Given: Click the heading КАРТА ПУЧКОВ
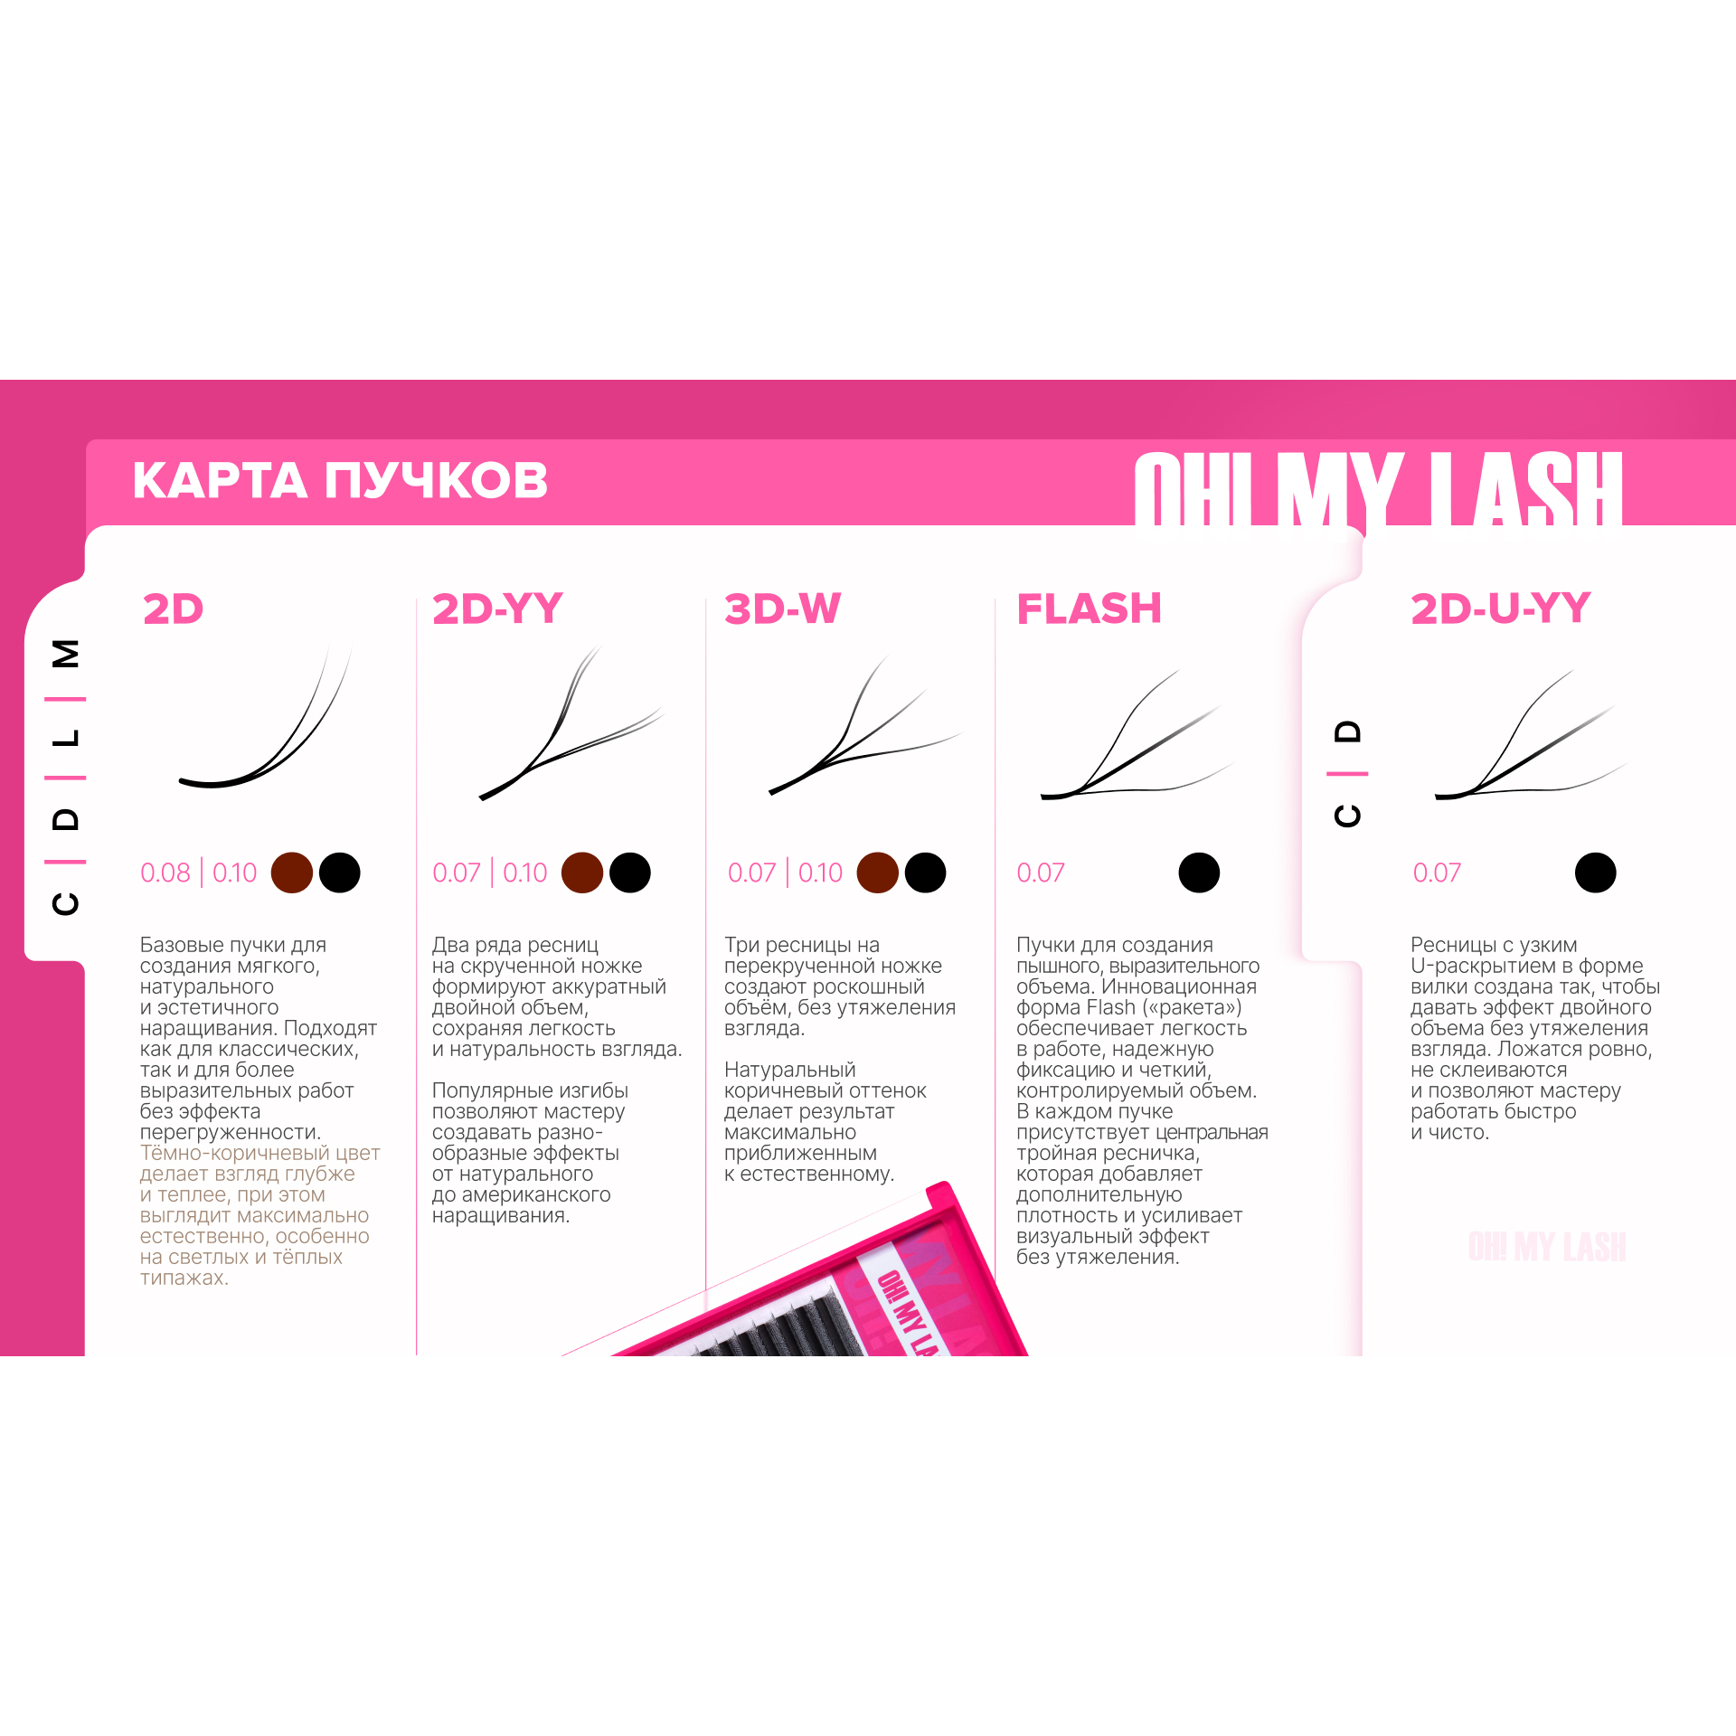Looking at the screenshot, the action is coord(340,480).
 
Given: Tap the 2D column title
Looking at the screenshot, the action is coord(174,609).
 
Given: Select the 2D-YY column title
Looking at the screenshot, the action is coord(497,609).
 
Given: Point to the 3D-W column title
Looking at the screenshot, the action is coord(783,609).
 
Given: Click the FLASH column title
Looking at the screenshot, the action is coord(1089,609).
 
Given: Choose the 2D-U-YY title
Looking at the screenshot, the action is coord(1500,609).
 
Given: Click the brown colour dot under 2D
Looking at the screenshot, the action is coord(292,873).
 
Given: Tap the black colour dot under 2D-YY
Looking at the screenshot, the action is coord(630,873).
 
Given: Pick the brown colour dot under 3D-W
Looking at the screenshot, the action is coord(878,873).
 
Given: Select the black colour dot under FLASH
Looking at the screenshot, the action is coord(1199,873).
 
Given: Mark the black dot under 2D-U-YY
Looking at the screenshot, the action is coord(1595,873).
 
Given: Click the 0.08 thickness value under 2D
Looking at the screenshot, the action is coord(165,873).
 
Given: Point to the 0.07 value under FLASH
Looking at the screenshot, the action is coord(1040,873).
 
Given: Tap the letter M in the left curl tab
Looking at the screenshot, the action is coord(66,653).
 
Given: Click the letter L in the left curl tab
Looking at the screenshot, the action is coord(66,738).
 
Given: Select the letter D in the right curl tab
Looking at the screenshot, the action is coord(1347,731).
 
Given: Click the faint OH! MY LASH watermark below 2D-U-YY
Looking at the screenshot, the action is coord(1547,1246).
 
